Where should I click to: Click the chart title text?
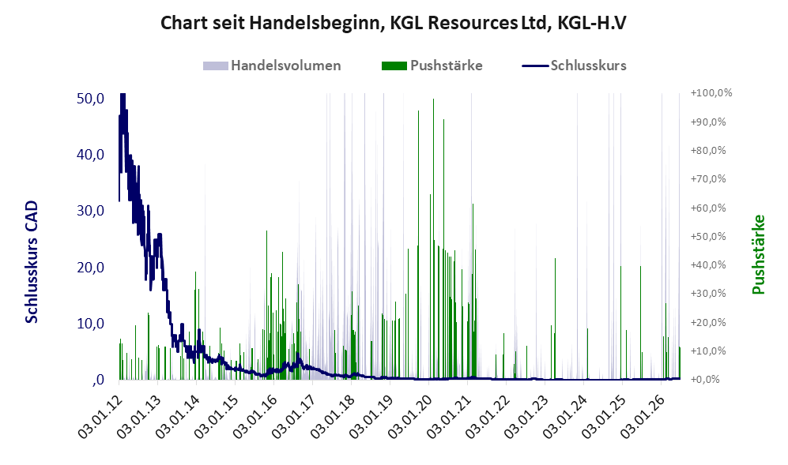pos(394,23)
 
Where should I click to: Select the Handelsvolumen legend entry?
pos(272,66)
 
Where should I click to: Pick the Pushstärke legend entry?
pos(432,66)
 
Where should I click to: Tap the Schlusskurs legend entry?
pos(575,66)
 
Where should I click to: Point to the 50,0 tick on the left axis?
pos(90,99)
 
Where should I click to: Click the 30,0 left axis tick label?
pos(90,211)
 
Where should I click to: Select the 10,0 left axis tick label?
pos(90,324)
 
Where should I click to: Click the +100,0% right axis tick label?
pos(711,93)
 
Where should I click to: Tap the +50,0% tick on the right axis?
pos(708,237)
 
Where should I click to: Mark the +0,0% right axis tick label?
pos(706,380)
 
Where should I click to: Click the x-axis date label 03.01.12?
pos(101,416)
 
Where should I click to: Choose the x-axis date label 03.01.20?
pos(410,416)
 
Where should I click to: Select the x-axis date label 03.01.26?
pos(643,416)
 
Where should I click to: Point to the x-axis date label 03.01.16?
pos(256,416)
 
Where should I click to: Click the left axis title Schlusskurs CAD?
pos(32,261)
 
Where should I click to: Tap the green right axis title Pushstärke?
pos(758,254)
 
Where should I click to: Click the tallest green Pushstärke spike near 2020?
pos(433,239)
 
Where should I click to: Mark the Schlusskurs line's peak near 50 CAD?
pos(123,95)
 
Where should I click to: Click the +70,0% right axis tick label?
pos(708,178)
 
